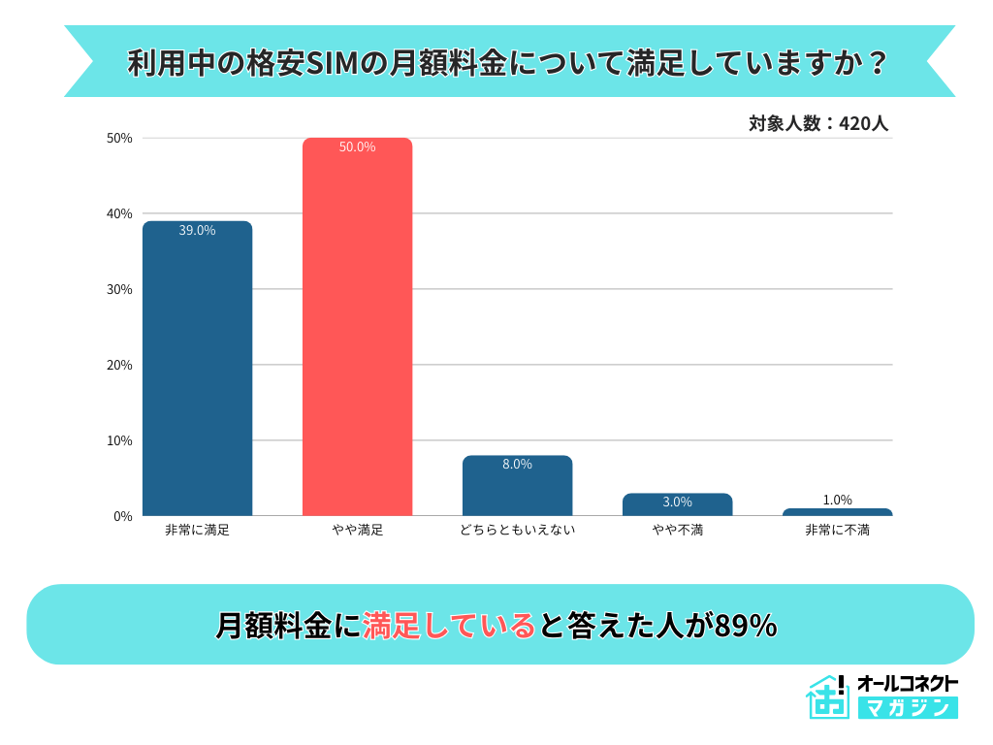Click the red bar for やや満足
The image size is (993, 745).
pyautogui.click(x=357, y=330)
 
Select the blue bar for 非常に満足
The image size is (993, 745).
pyautogui.click(x=197, y=373)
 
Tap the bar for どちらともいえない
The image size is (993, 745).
pyautogui.click(x=517, y=489)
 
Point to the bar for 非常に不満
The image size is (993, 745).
pyautogui.click(x=837, y=512)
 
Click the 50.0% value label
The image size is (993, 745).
pyautogui.click(x=357, y=147)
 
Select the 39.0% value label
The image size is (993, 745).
pyautogui.click(x=197, y=231)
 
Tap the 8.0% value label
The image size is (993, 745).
pyautogui.click(x=517, y=465)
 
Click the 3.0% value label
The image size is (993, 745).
pyautogui.click(x=677, y=502)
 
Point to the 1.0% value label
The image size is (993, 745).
pyautogui.click(x=837, y=501)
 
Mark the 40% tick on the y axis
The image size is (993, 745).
pyautogui.click(x=120, y=214)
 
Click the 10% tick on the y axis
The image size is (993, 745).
pyautogui.click(x=120, y=441)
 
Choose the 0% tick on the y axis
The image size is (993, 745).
pyautogui.click(x=123, y=517)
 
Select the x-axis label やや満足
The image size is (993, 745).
pyautogui.click(x=357, y=531)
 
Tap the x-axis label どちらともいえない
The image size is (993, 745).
pyautogui.click(x=517, y=531)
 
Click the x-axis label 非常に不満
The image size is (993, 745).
pyautogui.click(x=837, y=531)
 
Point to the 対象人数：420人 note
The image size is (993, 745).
pyautogui.click(x=818, y=124)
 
